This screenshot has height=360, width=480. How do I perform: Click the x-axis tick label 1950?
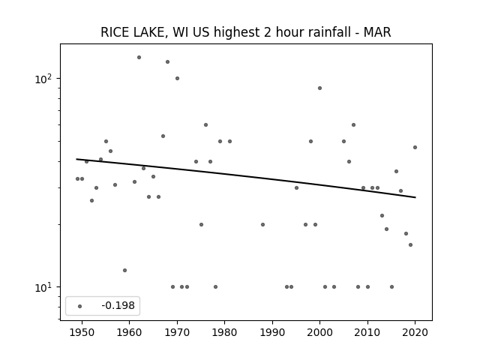point(82,332)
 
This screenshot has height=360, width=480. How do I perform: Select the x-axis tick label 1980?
point(224,332)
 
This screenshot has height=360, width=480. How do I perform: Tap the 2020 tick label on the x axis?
point(415,332)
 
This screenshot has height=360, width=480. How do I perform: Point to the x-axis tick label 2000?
point(320,332)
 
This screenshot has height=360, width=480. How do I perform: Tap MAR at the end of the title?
point(377,32)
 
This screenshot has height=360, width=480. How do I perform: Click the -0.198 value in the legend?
point(118,305)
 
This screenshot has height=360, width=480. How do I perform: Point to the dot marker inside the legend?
point(80,306)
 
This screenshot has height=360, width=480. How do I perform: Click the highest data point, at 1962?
point(139,57)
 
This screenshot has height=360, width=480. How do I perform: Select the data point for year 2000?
point(320,88)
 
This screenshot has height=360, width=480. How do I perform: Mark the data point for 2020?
point(415,147)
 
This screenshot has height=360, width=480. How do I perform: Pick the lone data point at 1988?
point(262,224)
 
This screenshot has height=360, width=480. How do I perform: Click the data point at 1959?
point(124,270)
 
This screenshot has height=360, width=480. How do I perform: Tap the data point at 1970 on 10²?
point(177,78)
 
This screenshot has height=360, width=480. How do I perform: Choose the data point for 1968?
point(167,61)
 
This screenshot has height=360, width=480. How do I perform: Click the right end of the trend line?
point(415,197)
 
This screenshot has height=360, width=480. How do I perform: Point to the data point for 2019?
point(410,245)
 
